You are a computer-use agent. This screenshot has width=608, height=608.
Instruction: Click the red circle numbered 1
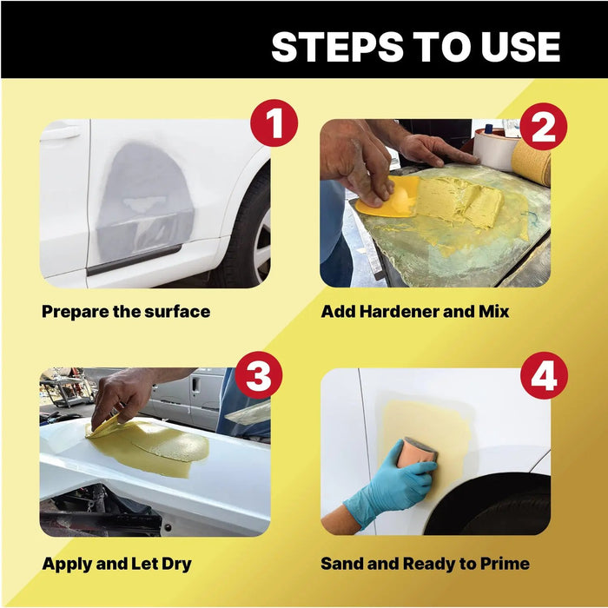pyautogui.click(x=274, y=123)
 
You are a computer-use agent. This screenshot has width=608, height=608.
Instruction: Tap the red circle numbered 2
pyautogui.click(x=543, y=127)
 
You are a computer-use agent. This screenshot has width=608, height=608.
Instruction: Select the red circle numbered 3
pyautogui.click(x=259, y=375)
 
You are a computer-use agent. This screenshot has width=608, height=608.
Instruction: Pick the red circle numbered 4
pyautogui.click(x=544, y=375)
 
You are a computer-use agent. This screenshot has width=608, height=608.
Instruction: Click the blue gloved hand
pyautogui.click(x=391, y=486)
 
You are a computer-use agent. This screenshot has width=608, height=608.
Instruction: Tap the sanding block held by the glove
pyautogui.click(x=418, y=453)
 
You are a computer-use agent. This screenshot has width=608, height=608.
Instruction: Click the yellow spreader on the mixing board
pyautogui.click(x=387, y=196)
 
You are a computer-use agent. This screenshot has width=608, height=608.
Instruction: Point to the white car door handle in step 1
pyautogui.click(x=60, y=133)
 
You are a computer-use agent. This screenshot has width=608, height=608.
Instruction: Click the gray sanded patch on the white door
pyautogui.click(x=145, y=202)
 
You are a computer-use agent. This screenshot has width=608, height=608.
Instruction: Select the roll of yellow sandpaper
pyautogui.click(x=532, y=163)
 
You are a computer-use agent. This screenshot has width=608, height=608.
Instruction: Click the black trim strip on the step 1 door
pyautogui.click(x=134, y=261)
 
